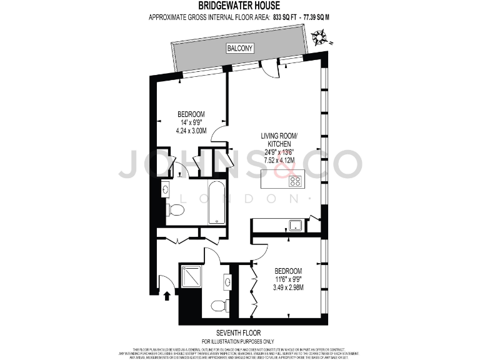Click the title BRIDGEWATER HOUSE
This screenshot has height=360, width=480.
[x=240, y=6]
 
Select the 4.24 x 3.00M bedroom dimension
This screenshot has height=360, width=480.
[x=191, y=132]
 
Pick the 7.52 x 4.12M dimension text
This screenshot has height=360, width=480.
[x=279, y=160]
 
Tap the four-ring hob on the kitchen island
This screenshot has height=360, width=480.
[x=295, y=181]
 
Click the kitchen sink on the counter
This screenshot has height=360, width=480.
[x=296, y=226]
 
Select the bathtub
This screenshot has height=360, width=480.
[x=216, y=202]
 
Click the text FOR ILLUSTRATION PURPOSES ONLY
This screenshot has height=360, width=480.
[x=239, y=341]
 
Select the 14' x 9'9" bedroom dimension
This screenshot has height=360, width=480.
[x=191, y=123]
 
